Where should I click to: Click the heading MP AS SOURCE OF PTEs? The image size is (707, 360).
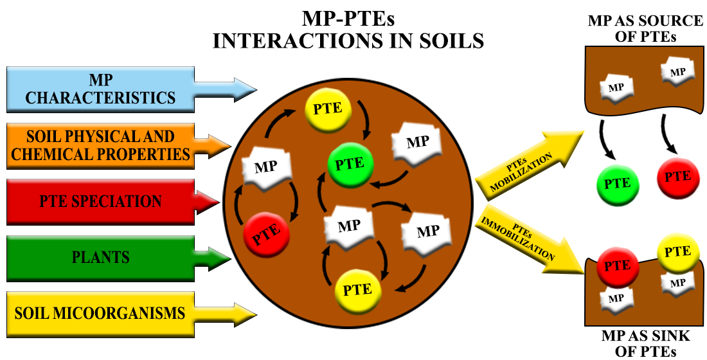(x=645, y=29)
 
